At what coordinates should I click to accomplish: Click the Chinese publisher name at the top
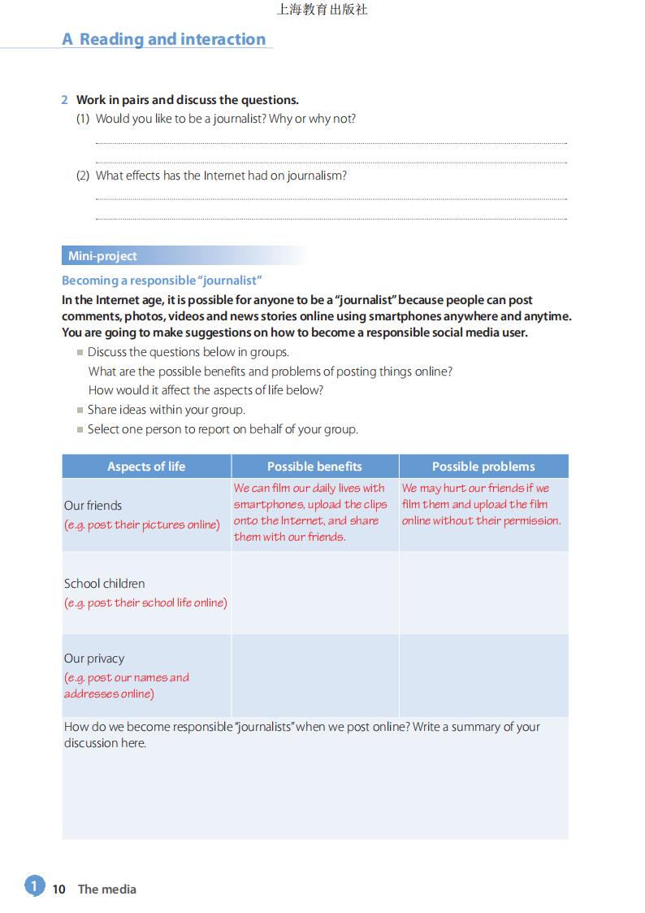322,10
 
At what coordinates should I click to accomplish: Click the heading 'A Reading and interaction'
164,39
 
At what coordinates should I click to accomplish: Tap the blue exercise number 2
65,100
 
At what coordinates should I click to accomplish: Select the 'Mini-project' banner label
102,256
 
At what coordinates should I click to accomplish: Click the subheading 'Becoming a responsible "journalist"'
162,280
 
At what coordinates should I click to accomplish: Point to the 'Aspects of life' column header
146,467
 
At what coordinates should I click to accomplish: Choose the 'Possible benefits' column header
314,467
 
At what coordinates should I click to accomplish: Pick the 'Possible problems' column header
483,467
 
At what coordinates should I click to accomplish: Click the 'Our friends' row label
93,506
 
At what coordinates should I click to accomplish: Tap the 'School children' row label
105,584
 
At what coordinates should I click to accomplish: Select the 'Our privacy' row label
94,659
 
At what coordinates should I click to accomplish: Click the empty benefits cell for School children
314,593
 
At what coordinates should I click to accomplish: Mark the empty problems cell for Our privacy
483,676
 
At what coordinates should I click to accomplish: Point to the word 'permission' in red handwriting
531,520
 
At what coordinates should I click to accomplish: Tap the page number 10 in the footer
58,889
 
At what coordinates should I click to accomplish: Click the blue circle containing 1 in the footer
34,885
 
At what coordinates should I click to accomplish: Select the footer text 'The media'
107,889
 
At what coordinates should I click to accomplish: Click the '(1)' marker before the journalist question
83,119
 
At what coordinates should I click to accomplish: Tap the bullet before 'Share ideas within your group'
80,411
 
